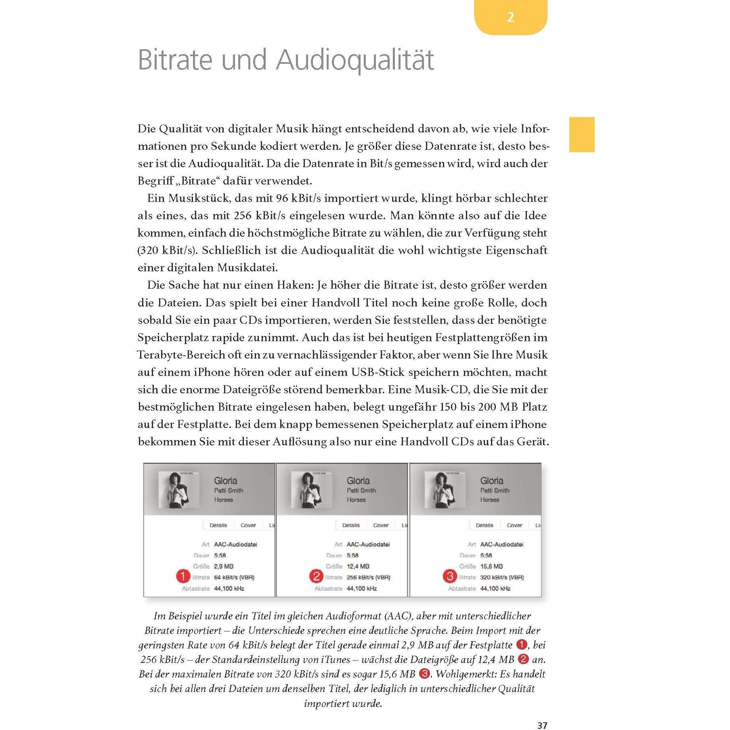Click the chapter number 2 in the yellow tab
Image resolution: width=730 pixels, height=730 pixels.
tap(510, 17)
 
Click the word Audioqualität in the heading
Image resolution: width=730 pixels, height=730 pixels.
tap(355, 60)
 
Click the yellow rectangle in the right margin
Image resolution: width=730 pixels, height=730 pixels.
tap(581, 134)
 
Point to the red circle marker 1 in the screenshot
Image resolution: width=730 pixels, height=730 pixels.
tap(182, 577)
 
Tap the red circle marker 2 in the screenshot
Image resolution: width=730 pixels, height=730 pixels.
tap(316, 577)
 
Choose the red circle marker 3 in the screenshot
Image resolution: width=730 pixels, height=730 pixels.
tap(449, 577)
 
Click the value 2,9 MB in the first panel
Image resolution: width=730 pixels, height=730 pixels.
tap(224, 566)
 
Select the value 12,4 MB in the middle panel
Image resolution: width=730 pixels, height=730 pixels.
tap(358, 566)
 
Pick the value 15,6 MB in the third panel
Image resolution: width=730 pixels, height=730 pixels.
tap(491, 566)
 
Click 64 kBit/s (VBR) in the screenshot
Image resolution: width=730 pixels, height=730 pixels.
tap(234, 577)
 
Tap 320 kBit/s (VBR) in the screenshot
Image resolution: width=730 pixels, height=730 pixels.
tap(502, 577)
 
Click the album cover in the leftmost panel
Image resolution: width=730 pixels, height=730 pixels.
tap(178, 490)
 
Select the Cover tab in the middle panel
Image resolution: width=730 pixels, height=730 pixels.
tap(381, 525)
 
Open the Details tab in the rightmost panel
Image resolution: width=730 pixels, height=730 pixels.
tap(484, 525)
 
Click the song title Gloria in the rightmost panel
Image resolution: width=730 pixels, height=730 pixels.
tap(491, 480)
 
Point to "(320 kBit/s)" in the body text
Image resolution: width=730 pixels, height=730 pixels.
tap(168, 250)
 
